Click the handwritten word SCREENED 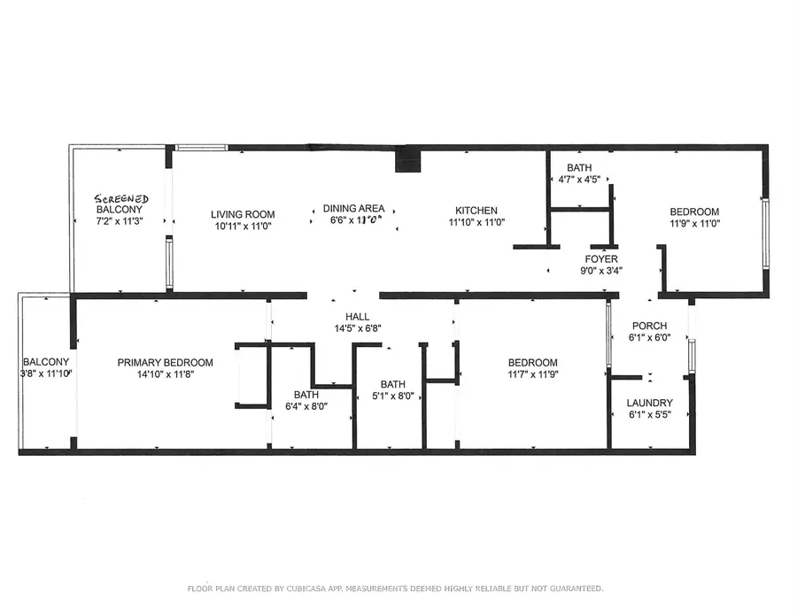pyautogui.click(x=122, y=199)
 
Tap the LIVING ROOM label pyautogui.click(x=243, y=214)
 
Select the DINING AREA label pyautogui.click(x=353, y=208)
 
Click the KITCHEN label pyautogui.click(x=476, y=211)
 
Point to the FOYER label pyautogui.click(x=600, y=259)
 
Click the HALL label pyautogui.click(x=358, y=316)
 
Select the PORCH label pyautogui.click(x=649, y=326)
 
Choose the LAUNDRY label pyautogui.click(x=650, y=403)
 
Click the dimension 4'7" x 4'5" pyautogui.click(x=580, y=180)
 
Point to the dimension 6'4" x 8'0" pyautogui.click(x=306, y=407)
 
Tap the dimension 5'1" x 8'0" pyautogui.click(x=393, y=397)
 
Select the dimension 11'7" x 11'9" pyautogui.click(x=532, y=374)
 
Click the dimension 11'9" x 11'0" pyautogui.click(x=694, y=224)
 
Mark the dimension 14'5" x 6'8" pyautogui.click(x=358, y=328)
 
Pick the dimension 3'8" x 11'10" pyautogui.click(x=47, y=374)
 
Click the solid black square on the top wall pyautogui.click(x=408, y=160)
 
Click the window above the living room pyautogui.click(x=202, y=148)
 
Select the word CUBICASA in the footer pyautogui.click(x=313, y=589)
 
